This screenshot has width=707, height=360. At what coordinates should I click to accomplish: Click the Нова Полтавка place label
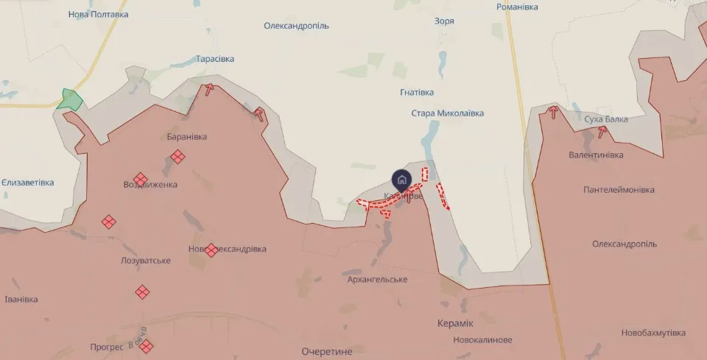point(98,14)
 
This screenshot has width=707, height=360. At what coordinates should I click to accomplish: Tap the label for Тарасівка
point(215,59)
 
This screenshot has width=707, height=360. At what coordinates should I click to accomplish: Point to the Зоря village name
point(444,21)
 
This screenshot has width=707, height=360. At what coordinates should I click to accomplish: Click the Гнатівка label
point(417,93)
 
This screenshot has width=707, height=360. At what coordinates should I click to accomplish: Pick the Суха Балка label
point(606,119)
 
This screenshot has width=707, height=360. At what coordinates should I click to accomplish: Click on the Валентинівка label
point(596,155)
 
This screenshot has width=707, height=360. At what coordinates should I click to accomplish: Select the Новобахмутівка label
point(653,333)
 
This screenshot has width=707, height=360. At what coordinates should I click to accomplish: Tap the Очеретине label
point(327,351)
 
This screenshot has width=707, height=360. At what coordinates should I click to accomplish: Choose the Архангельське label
point(378,279)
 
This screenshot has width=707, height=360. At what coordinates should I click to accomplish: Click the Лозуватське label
point(146,261)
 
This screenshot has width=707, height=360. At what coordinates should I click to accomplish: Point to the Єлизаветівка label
point(27,183)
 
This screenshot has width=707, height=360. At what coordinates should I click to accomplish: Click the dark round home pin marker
point(401,179)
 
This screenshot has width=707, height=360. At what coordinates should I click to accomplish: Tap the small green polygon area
point(69,99)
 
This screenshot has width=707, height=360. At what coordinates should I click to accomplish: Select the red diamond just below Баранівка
point(177,156)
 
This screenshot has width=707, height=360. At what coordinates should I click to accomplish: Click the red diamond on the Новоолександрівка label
point(211,250)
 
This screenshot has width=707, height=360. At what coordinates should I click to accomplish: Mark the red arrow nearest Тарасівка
point(210,90)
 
